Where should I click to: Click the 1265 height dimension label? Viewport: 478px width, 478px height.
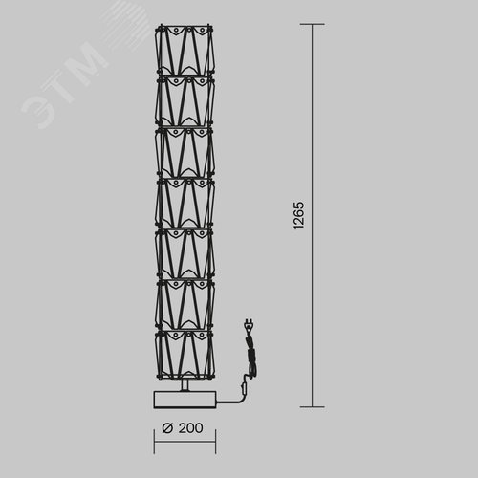coord(298,215)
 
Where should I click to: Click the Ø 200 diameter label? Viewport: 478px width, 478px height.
coord(183,428)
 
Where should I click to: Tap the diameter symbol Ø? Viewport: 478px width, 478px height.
coord(167,428)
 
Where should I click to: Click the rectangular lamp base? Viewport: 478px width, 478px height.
coord(185,400)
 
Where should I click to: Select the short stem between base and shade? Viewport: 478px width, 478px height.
coord(185,385)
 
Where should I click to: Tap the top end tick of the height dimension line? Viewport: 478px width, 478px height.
coord(313,24)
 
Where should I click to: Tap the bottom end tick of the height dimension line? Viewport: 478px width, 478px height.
coord(313,407)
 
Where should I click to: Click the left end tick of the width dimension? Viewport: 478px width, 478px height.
coord(154,442)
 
